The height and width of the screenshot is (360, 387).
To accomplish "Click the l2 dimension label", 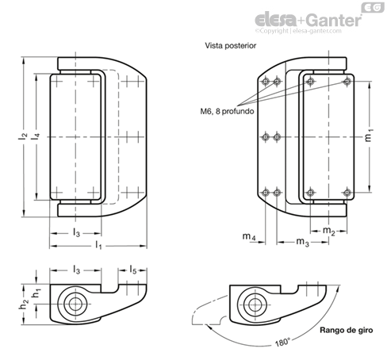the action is coord(23,136).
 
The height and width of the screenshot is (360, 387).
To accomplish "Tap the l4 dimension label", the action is coord(36,136).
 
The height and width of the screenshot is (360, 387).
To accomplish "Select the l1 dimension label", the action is coord(98,245).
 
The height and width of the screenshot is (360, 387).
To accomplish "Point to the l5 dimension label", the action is coord(133,270).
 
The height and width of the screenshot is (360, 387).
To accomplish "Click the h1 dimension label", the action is coord(36,293).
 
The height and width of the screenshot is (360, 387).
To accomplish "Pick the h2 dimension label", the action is coord(25,304).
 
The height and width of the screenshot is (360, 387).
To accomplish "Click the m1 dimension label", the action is coord(369,136).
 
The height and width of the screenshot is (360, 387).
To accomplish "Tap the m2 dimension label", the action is coord(329,231).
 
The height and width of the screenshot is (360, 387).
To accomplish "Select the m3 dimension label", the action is coord(302,242).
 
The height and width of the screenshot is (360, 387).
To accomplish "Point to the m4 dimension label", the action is coord(249,236).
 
